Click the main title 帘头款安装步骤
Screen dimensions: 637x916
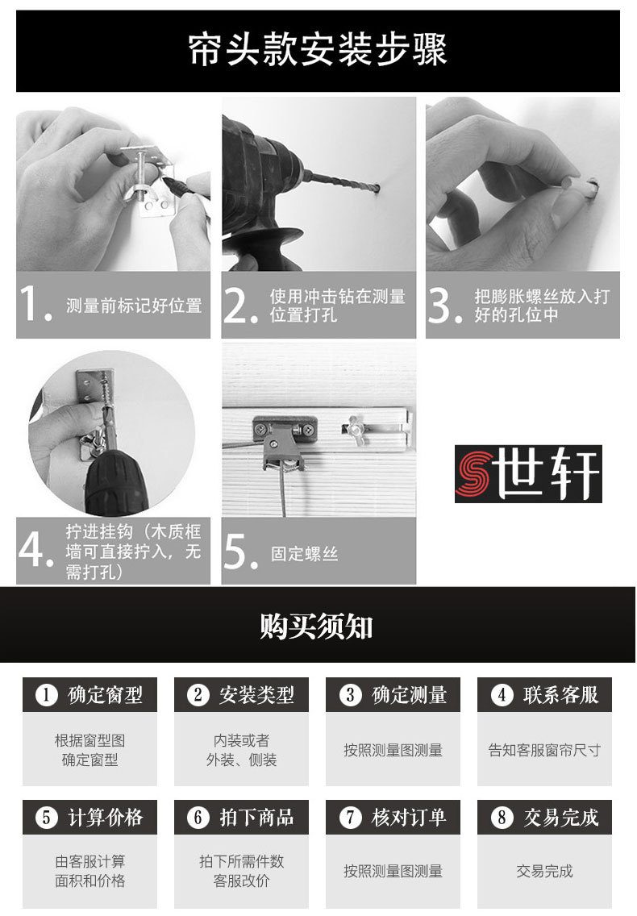pos(318,49)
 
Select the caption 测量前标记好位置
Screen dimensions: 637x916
pos(134,305)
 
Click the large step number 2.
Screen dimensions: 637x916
pos(239,304)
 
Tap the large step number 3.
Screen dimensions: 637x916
pos(444,304)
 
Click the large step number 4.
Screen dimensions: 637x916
pos(35,549)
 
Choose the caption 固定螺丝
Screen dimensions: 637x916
pos(305,554)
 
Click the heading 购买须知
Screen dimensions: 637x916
pos(316,627)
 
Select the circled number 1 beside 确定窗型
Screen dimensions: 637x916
pos(46,694)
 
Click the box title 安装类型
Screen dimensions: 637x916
pos(256,694)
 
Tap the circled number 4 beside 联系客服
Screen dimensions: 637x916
pos(502,694)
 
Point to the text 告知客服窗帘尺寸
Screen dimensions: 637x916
pos(544,750)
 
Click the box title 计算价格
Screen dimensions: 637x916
pos(105,817)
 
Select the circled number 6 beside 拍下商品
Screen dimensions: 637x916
pos(198,817)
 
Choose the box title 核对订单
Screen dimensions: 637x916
pos(409,817)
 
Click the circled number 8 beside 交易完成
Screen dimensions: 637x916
pos(502,817)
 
